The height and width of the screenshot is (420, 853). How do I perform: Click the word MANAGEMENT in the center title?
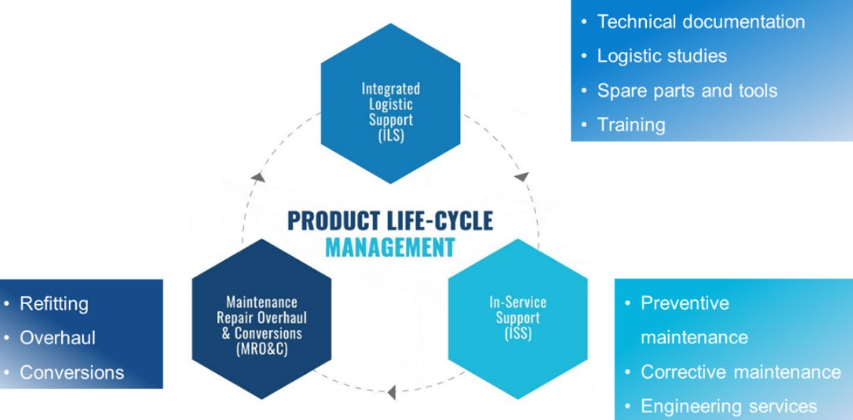(x=390, y=247)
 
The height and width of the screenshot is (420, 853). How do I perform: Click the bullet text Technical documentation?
(x=700, y=22)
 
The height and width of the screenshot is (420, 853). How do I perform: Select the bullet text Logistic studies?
(x=661, y=56)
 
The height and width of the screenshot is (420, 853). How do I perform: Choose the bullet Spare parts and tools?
(x=687, y=91)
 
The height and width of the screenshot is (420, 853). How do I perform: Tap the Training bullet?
(x=631, y=125)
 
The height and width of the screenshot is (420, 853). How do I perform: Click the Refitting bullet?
(x=54, y=303)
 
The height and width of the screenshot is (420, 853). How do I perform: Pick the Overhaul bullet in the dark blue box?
(x=58, y=338)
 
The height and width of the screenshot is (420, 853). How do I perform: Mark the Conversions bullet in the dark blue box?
(x=72, y=372)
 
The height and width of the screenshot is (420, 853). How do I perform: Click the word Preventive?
(x=685, y=303)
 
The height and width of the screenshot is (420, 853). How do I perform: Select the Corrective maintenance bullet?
(x=740, y=372)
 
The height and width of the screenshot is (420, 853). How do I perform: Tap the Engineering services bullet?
(x=729, y=406)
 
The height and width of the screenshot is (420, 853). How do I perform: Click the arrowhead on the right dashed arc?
(x=522, y=176)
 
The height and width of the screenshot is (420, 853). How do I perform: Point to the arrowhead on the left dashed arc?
(x=258, y=176)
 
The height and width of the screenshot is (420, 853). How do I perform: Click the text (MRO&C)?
(x=262, y=348)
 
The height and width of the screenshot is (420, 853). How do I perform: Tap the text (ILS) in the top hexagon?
(x=390, y=135)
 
